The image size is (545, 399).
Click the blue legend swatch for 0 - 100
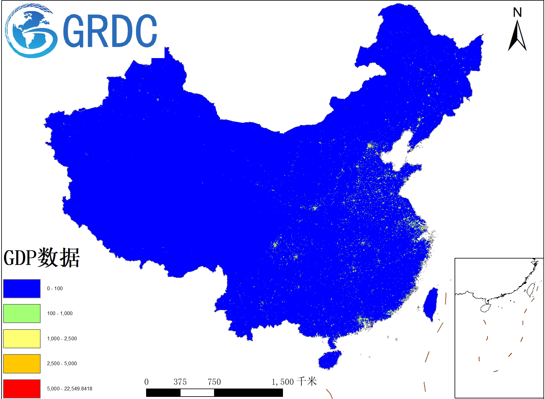tap(22, 288)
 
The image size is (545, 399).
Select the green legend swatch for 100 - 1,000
tap(22, 313)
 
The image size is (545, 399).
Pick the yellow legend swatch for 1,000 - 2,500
tap(22, 338)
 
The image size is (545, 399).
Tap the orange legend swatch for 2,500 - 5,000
tap(22, 363)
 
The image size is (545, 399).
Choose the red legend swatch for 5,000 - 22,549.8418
tap(22, 389)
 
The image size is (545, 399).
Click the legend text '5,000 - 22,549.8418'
tap(70, 389)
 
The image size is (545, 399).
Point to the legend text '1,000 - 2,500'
tap(62, 338)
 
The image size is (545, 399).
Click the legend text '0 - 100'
tap(55, 288)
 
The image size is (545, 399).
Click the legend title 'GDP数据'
tap(42, 257)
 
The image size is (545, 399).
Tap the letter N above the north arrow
tap(517, 13)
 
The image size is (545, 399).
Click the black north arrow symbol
tap(517, 36)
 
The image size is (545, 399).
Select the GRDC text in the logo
tap(110, 31)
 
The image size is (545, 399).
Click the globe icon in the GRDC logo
tap(31, 31)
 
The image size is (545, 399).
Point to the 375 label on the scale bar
tap(180, 382)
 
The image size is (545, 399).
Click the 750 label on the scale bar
tap(214, 382)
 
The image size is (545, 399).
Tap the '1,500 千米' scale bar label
tap(294, 382)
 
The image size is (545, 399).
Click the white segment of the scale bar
tap(197, 393)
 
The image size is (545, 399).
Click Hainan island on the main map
tap(329, 360)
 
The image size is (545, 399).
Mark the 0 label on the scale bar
tap(146, 382)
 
